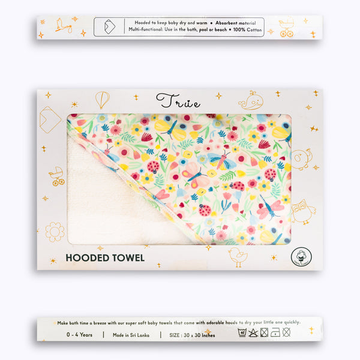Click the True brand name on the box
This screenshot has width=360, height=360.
[178, 100]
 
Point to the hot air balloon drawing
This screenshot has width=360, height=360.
[102, 99]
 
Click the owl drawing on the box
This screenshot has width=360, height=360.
[303, 211]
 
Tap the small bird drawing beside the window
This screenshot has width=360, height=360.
[238, 256]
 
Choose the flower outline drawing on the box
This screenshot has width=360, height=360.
[55, 231]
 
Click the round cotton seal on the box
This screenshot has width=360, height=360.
[301, 256]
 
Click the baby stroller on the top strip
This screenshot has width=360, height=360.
[286, 28]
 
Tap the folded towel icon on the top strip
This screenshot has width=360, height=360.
[109, 26]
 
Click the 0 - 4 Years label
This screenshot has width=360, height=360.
[79, 335]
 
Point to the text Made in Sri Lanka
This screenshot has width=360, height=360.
[130, 335]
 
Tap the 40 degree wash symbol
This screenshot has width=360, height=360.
[242, 332]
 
